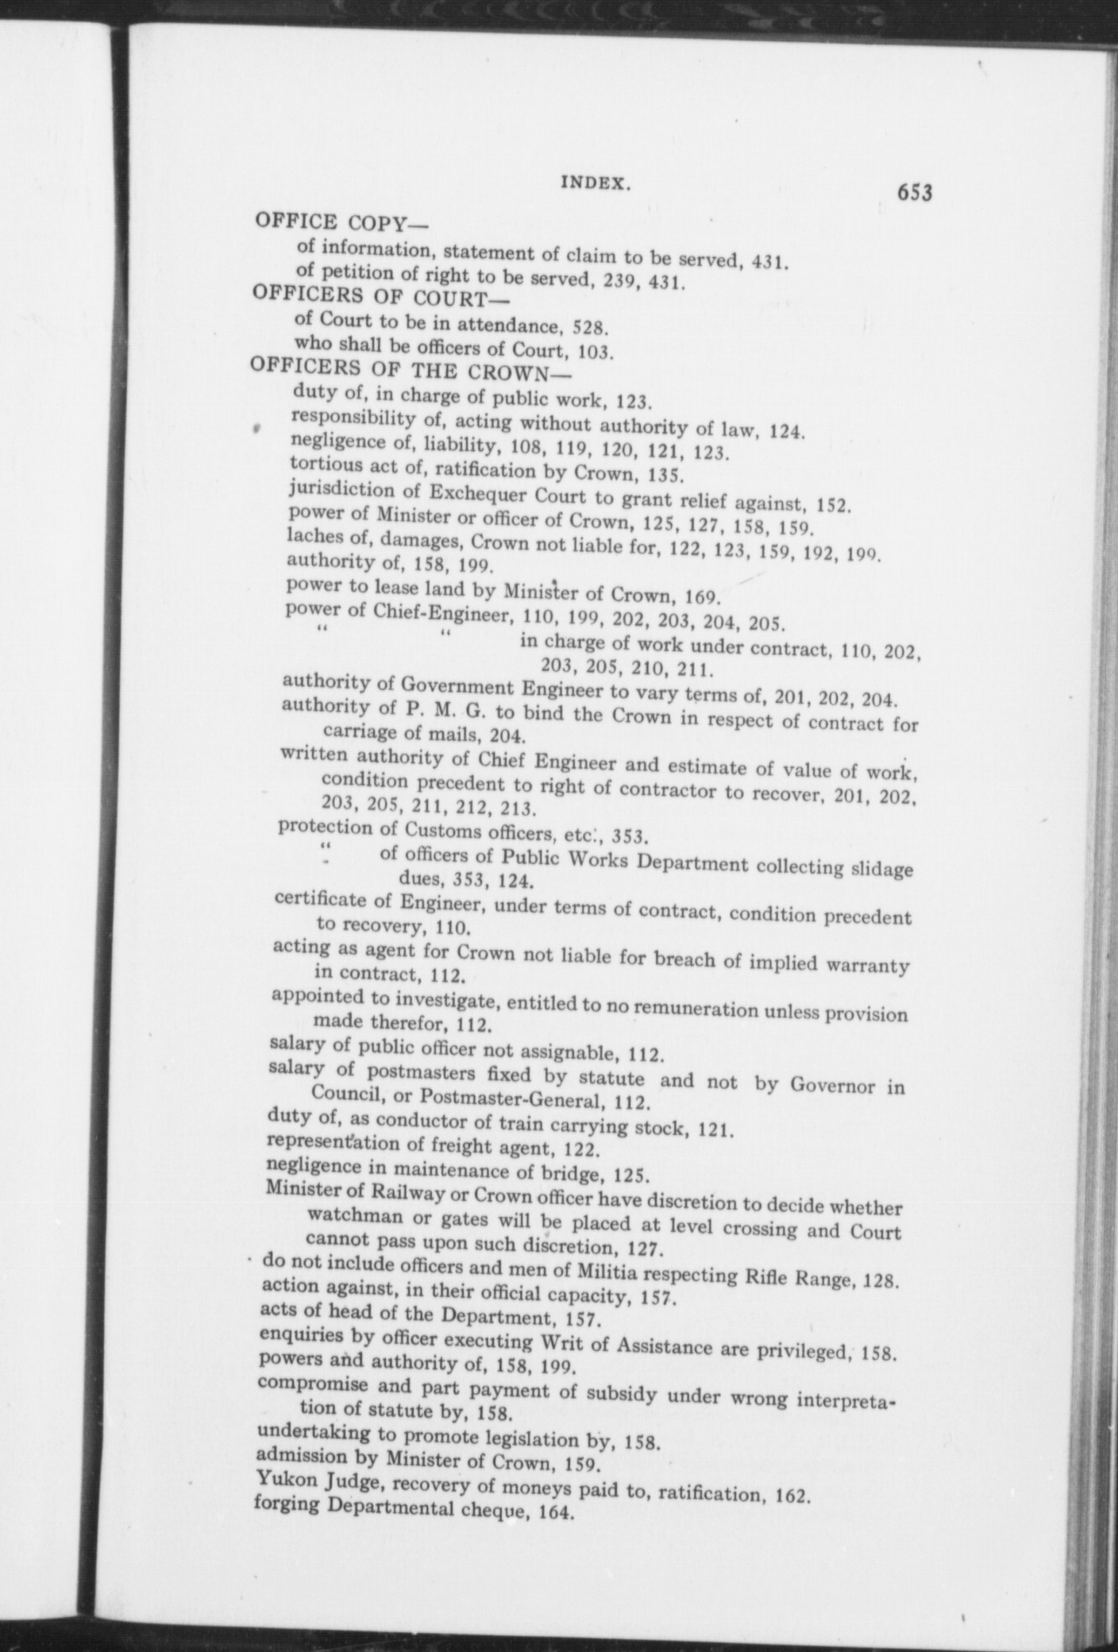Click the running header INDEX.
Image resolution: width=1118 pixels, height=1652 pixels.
coord(596,183)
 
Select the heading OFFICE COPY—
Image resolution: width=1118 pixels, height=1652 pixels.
coord(341,223)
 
